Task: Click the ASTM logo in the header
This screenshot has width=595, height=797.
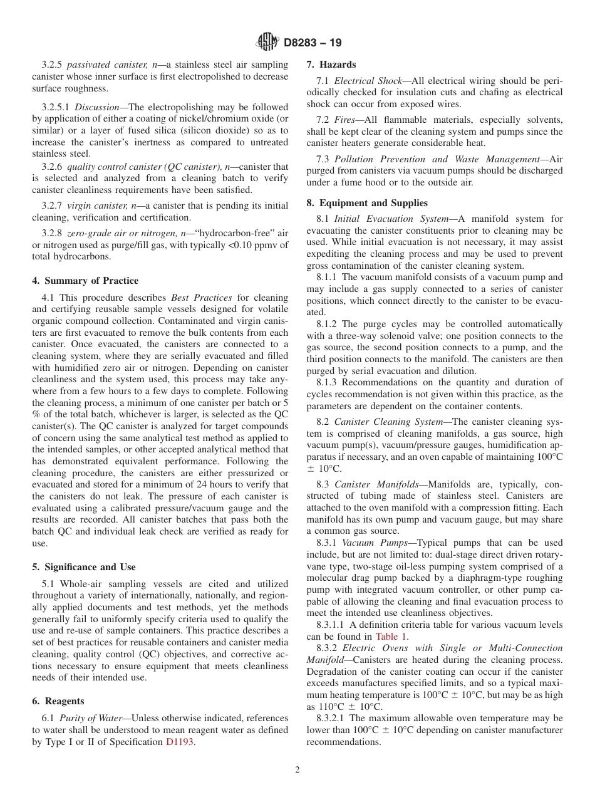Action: click(x=268, y=43)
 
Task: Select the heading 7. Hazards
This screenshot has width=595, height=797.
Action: click(x=331, y=65)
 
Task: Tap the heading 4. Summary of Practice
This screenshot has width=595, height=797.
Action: click(x=85, y=281)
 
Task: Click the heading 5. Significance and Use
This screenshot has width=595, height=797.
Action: click(x=84, y=567)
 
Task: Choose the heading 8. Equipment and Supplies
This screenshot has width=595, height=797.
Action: click(x=367, y=203)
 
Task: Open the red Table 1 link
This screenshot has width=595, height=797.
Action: click(x=391, y=636)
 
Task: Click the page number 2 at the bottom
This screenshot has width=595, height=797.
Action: click(x=297, y=770)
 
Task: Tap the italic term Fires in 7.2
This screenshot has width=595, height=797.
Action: click(x=346, y=120)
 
